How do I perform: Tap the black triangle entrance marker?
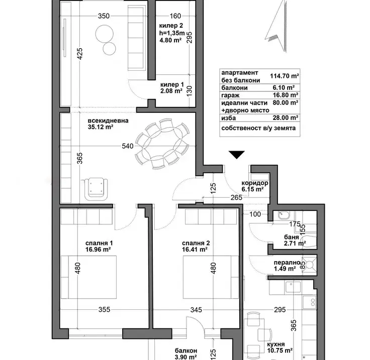click(x=237, y=155)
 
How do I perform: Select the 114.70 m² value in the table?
click(x=285, y=76)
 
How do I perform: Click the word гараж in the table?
click(x=230, y=95)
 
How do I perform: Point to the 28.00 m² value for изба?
click(x=286, y=117)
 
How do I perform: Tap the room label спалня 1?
click(x=99, y=243)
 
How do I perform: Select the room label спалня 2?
click(x=196, y=243)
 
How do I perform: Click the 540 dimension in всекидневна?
click(x=128, y=146)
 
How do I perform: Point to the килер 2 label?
click(x=171, y=26)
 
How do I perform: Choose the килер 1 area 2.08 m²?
click(x=171, y=91)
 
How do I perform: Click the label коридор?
click(x=254, y=183)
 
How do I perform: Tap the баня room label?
click(x=292, y=237)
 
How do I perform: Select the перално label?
click(x=287, y=263)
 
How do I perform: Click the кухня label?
click(x=276, y=344)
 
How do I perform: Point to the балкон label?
click(x=186, y=351)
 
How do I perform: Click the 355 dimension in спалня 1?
click(x=104, y=309)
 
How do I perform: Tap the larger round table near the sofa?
click(x=105, y=34)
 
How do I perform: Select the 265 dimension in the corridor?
click(x=236, y=197)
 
